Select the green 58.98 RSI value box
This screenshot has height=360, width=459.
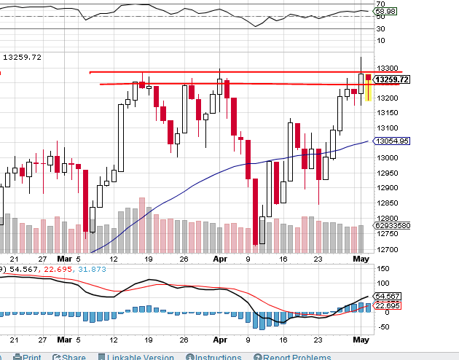(386, 12)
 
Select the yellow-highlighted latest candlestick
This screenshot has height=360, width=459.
(369, 89)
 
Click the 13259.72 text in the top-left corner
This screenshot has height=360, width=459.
(23, 57)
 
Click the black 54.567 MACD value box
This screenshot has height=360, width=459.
(387, 296)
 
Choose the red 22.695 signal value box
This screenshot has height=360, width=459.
(387, 305)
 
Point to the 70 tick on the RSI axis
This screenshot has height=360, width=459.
(380, 4)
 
